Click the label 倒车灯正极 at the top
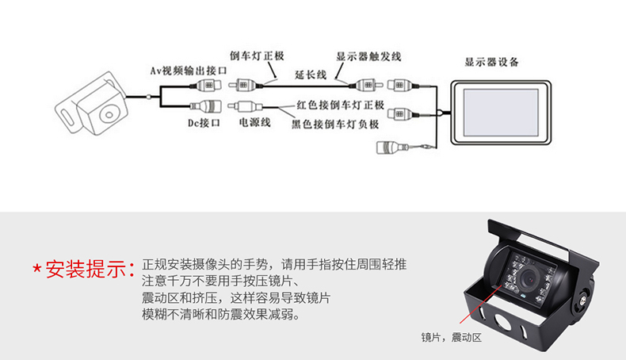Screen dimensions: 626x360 coord(257,56)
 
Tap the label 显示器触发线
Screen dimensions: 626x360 coord(368,57)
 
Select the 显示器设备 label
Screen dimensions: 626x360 coord(491,62)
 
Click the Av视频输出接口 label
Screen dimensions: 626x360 coord(188,71)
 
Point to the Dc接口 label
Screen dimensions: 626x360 coord(204,123)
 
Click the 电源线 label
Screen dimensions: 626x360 coord(254,122)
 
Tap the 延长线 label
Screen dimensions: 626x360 coord(311,75)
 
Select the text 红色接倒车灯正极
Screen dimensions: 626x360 coord(340,105)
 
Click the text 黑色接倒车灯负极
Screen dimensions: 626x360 coord(335,124)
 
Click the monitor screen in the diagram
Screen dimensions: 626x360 coord(501,113)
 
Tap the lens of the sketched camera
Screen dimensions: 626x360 coord(109,115)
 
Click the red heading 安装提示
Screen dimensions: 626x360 coord(90,269)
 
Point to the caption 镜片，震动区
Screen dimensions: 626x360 coord(451,338)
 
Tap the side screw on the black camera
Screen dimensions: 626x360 coord(582,301)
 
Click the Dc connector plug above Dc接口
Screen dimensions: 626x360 coord(206,106)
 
